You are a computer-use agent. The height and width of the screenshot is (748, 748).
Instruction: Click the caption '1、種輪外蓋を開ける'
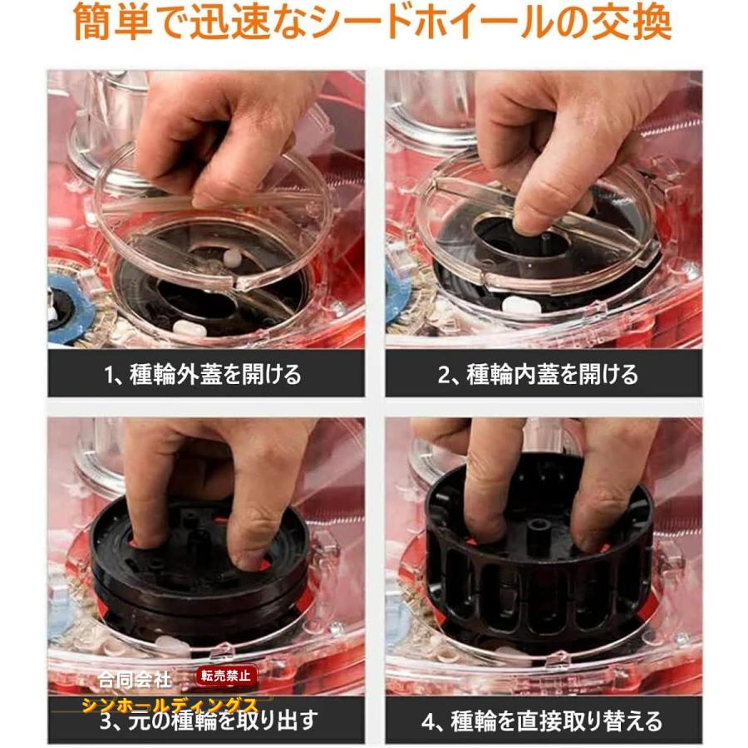click(204, 375)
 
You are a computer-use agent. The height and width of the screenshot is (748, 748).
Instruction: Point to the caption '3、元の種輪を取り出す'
click(213, 720)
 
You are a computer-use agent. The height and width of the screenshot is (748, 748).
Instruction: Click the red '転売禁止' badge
click(227, 677)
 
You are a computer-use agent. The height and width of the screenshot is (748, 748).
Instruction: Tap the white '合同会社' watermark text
click(133, 680)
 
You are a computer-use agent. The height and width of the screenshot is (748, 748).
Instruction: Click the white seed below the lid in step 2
click(522, 305)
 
